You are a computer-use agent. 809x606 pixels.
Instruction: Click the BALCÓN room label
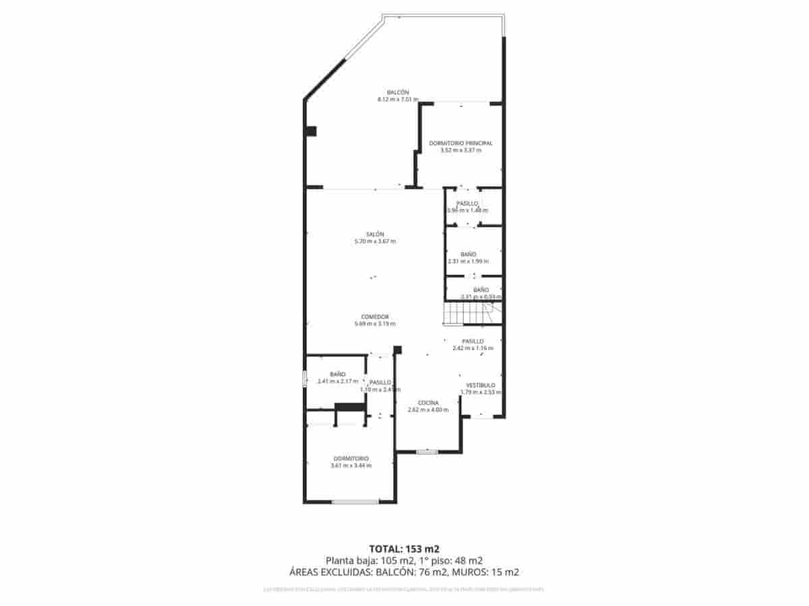(x=398, y=92)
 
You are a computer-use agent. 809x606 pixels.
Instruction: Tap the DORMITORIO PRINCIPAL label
(x=460, y=143)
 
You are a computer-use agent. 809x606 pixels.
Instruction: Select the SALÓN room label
(x=376, y=234)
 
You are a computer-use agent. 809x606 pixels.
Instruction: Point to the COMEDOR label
(x=375, y=316)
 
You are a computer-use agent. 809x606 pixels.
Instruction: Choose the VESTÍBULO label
(x=481, y=385)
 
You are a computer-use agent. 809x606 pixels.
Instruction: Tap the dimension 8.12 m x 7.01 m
(x=398, y=100)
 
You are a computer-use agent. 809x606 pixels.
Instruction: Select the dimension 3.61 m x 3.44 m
(x=351, y=465)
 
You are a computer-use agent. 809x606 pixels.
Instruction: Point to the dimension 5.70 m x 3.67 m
(x=376, y=241)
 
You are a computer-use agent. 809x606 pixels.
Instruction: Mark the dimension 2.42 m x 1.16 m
(x=473, y=348)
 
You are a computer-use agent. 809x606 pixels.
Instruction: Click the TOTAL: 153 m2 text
(x=404, y=548)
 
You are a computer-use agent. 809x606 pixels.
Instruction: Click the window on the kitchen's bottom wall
(x=427, y=452)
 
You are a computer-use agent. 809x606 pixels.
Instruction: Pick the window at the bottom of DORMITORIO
(x=355, y=502)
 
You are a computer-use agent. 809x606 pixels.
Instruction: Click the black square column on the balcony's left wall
(x=311, y=131)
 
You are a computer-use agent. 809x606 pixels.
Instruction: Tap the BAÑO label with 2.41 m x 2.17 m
(x=338, y=374)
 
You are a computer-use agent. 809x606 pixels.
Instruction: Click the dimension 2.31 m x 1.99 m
(x=468, y=261)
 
